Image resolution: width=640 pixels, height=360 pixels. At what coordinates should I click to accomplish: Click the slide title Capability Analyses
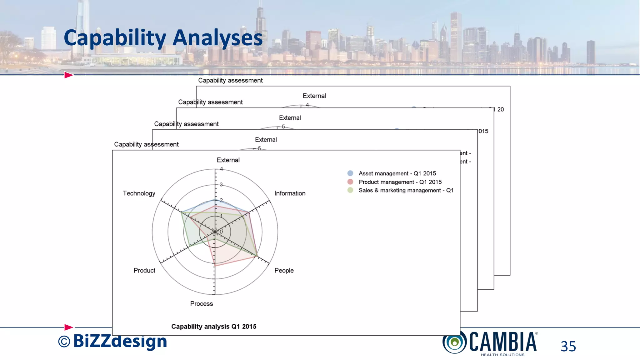pyautogui.click(x=163, y=38)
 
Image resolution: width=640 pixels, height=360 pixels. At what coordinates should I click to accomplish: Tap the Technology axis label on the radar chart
pyautogui.click(x=139, y=193)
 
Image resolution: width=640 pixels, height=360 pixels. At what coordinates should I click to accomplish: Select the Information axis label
pyautogui.click(x=290, y=193)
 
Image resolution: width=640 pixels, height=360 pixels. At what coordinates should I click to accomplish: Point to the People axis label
pyautogui.click(x=284, y=270)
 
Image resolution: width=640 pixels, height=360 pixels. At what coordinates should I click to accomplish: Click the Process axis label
pyautogui.click(x=201, y=304)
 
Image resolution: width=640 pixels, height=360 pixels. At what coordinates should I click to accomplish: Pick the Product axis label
pyautogui.click(x=144, y=270)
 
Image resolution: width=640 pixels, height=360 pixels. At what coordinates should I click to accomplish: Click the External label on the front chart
pyautogui.click(x=228, y=160)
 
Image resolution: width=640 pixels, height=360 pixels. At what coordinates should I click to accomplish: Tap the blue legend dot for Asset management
pyautogui.click(x=350, y=173)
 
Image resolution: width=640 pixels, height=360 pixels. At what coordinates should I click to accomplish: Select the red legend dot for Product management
pyautogui.click(x=350, y=182)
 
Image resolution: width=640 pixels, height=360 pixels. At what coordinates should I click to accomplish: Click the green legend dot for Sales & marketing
pyautogui.click(x=350, y=190)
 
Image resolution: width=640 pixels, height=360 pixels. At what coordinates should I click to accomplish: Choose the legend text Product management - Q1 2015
pyautogui.click(x=400, y=182)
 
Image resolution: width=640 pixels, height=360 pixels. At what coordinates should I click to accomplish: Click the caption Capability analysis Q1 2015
pyautogui.click(x=214, y=327)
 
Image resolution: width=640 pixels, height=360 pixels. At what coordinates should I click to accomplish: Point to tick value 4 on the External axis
pyautogui.click(x=221, y=169)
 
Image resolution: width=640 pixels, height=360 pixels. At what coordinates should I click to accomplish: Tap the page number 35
pyautogui.click(x=568, y=346)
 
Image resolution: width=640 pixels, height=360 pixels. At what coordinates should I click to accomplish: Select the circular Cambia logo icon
pyautogui.click(x=454, y=342)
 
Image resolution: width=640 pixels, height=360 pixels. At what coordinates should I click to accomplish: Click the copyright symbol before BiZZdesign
pyautogui.click(x=64, y=342)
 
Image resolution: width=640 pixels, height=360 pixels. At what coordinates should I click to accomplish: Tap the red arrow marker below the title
pyautogui.click(x=68, y=75)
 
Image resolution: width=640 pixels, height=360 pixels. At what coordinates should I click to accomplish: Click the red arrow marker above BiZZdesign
pyautogui.click(x=68, y=327)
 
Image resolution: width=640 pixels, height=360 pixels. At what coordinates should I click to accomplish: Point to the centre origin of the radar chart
pyautogui.click(x=215, y=232)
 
